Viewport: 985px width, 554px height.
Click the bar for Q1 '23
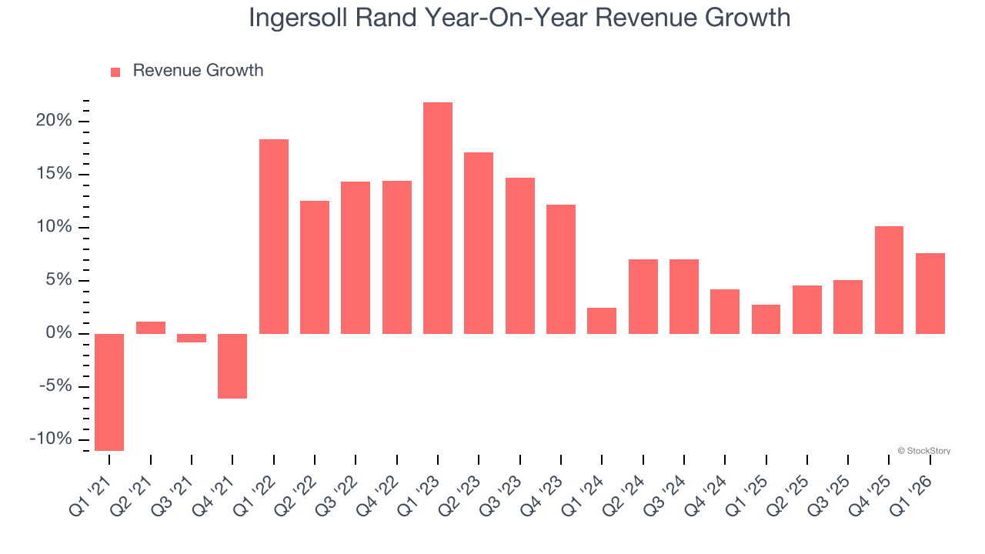click(438, 218)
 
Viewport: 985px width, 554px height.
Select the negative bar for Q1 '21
click(109, 392)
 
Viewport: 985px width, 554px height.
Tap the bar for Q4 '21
click(232, 365)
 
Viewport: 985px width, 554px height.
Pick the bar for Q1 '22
click(274, 236)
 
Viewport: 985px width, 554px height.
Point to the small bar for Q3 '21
click(192, 338)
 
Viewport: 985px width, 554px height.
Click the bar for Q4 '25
click(889, 280)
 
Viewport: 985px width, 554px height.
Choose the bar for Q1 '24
click(602, 321)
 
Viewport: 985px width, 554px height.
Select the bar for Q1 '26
click(930, 293)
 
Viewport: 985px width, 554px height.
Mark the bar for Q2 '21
click(151, 328)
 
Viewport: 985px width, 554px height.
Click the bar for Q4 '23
click(561, 269)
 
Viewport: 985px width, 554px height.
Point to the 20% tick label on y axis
click(53, 122)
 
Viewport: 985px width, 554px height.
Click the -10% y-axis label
click(50, 439)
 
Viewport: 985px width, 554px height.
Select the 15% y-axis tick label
click(53, 175)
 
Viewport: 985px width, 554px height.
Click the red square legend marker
click(115, 72)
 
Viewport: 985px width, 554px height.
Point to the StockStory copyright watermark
click(923, 451)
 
